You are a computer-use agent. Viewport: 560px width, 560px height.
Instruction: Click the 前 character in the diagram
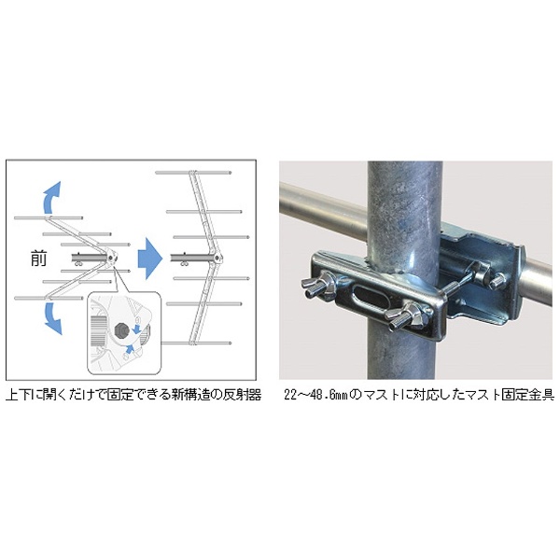[x=38, y=259]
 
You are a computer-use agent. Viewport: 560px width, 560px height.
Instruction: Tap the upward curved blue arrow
[x=50, y=198]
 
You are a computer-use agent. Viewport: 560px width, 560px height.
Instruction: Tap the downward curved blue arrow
[x=51, y=318]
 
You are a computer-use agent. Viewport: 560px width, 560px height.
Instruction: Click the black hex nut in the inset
[x=121, y=331]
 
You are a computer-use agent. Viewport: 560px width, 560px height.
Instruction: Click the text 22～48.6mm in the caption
[x=315, y=396]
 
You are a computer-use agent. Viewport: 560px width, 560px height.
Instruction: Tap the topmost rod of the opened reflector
[x=193, y=173]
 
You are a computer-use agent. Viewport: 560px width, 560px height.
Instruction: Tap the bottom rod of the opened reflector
[x=196, y=343]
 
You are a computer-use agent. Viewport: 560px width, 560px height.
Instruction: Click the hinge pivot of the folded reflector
[x=111, y=258]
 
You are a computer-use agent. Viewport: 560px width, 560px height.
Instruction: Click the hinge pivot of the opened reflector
[x=217, y=258]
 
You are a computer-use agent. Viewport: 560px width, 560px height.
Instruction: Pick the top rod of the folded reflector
[x=49, y=217]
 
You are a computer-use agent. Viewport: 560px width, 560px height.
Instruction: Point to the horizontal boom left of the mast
[x=324, y=208]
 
